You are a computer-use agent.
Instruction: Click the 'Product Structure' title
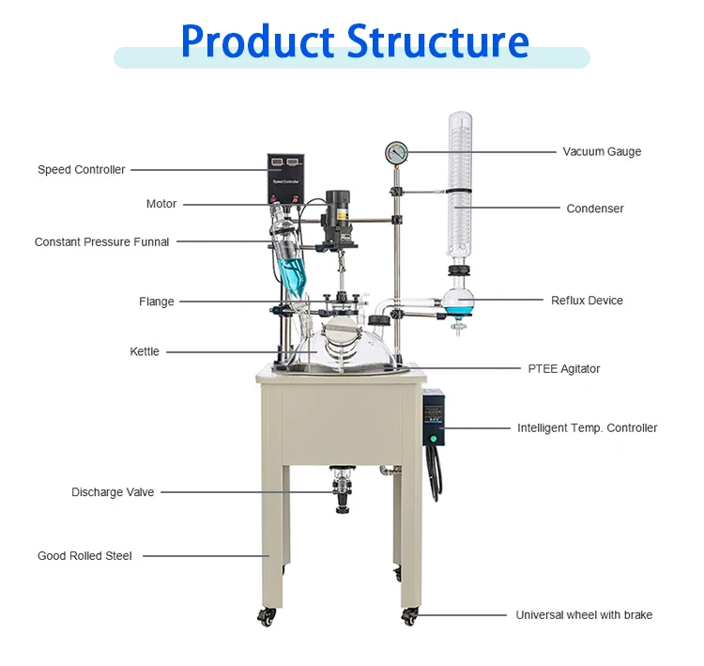tap(354, 40)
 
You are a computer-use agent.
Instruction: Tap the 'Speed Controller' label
tap(81, 170)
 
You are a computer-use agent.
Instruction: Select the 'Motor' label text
tap(161, 204)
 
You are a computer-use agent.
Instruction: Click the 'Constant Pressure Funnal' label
tap(101, 241)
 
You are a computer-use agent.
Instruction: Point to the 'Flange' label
tap(156, 302)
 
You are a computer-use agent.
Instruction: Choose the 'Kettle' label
tap(145, 351)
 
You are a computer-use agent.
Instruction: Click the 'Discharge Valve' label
tap(113, 492)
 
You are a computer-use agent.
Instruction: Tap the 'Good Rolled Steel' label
tap(84, 555)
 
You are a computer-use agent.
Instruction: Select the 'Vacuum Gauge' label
tap(602, 151)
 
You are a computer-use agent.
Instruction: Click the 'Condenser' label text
tap(595, 209)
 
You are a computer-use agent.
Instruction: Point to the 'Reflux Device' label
tap(587, 301)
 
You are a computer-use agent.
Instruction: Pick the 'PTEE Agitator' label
tap(563, 369)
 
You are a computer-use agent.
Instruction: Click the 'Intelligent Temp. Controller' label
tap(587, 427)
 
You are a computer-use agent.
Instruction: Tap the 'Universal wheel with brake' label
tap(584, 615)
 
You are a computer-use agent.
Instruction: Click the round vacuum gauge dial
tap(396, 152)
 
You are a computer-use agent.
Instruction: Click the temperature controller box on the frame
tap(433, 418)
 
